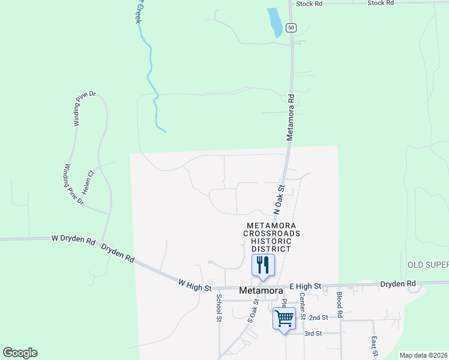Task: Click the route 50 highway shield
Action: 291,28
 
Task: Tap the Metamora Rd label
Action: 291,117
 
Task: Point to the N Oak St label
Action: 279,200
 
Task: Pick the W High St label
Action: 194,285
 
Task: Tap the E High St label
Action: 306,286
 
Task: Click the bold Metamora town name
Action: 261,290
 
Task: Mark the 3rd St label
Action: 313,333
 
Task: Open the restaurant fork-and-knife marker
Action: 262,265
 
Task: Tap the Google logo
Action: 20,353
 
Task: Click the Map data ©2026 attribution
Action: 423,355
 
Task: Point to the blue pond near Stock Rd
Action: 275,23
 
